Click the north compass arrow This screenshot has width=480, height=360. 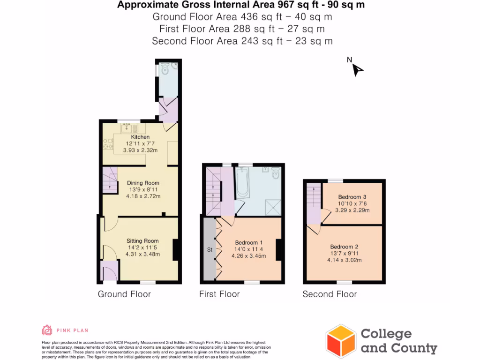(357, 70)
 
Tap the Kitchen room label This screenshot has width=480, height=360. (140, 137)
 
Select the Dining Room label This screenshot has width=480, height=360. (143, 183)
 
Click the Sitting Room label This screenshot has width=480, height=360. (142, 241)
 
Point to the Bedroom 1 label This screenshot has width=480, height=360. (248, 243)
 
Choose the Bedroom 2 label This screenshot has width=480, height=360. (344, 247)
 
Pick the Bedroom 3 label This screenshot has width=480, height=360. (352, 197)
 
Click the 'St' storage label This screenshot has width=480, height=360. (210, 250)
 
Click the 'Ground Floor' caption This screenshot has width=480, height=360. (124, 294)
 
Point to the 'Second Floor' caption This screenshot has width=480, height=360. (330, 294)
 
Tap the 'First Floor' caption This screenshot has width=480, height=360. (219, 294)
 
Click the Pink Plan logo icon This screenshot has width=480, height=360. (47, 330)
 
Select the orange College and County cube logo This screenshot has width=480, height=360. (341, 341)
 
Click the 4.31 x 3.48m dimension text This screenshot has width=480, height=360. (142, 255)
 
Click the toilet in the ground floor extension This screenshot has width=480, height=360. (165, 70)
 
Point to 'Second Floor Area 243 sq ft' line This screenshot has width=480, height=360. (242, 41)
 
